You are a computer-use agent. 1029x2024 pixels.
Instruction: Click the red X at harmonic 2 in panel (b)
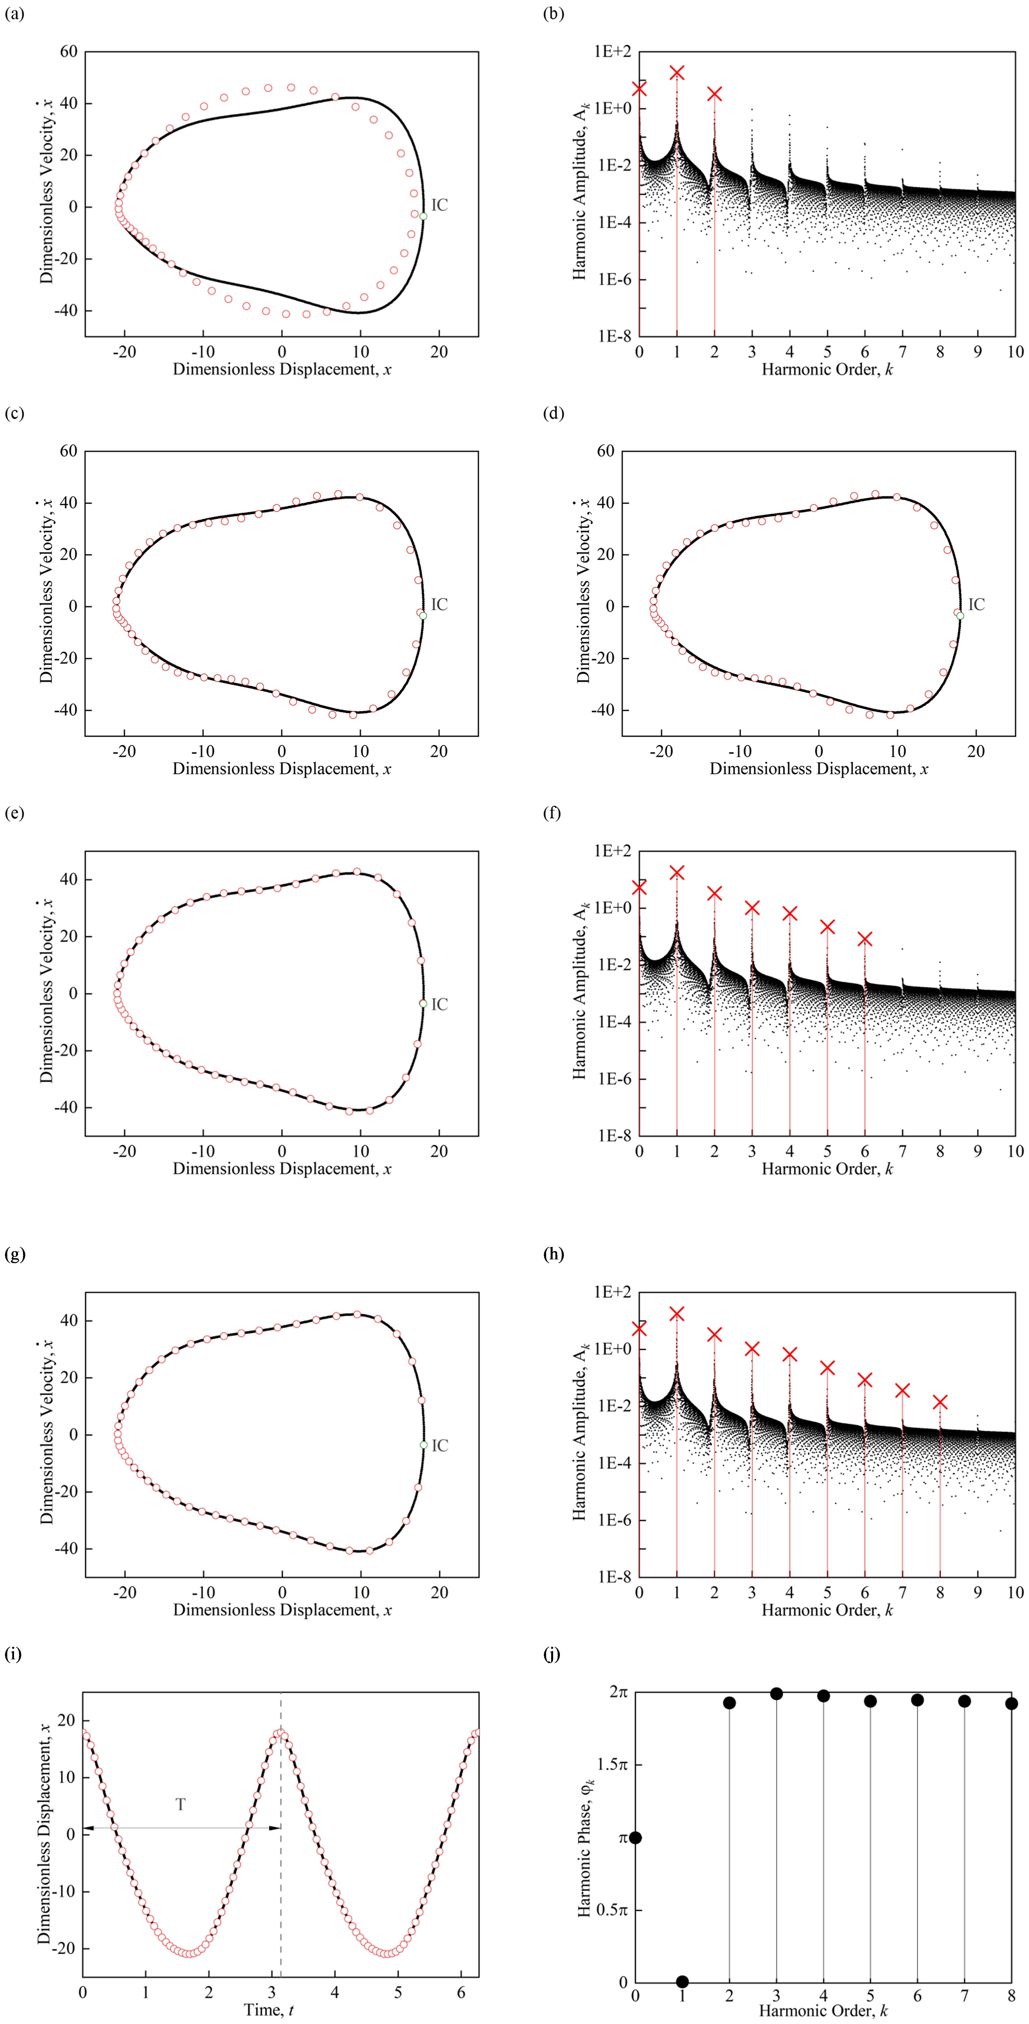click(x=714, y=94)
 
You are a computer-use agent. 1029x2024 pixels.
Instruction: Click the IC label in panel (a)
click(x=440, y=205)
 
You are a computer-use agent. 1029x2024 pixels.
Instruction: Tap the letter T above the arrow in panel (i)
click(x=181, y=1804)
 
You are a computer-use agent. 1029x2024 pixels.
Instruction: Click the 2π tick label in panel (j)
click(x=618, y=1692)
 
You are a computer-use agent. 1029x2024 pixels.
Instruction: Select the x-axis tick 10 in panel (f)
click(x=1015, y=1151)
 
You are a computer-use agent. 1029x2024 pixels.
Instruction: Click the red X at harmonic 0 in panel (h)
click(x=639, y=1328)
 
